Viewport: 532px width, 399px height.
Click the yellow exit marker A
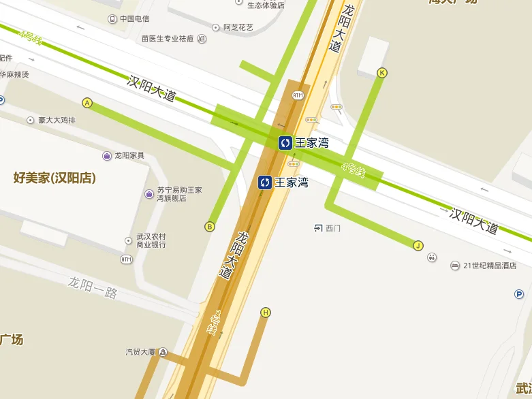87,103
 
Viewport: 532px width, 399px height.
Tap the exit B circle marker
210,227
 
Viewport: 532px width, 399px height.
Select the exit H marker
266,313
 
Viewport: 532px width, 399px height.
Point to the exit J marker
418,246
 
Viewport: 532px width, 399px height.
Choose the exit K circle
381,73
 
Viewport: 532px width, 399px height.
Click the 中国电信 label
134,18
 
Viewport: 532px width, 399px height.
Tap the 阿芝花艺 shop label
238,27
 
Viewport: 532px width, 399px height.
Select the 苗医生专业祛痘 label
168,39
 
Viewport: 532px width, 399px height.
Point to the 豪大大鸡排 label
57,121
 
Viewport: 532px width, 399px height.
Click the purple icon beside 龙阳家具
107,156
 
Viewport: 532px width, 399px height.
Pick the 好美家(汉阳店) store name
54,178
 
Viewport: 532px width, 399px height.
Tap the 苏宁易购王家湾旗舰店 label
178,194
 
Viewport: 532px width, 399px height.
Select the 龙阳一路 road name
93,287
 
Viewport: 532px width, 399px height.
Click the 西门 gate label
332,228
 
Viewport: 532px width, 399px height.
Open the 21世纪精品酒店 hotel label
489,266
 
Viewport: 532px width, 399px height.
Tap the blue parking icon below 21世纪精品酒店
519,294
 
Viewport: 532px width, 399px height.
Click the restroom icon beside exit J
432,257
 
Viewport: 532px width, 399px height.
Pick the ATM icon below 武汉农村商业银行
126,259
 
